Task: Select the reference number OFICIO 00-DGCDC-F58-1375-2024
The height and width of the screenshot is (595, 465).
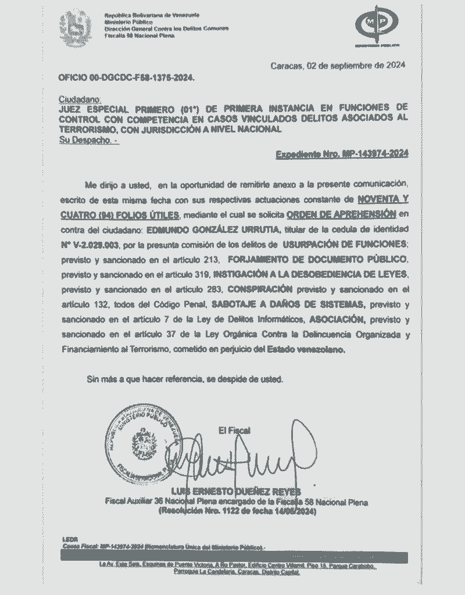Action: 127,77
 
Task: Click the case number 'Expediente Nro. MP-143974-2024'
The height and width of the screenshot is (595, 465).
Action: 342,154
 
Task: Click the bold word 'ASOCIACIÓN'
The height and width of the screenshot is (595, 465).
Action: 337,319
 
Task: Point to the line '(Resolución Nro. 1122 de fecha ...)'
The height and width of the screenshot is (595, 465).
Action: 237,512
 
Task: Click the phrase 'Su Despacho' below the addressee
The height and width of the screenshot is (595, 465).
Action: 87,140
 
